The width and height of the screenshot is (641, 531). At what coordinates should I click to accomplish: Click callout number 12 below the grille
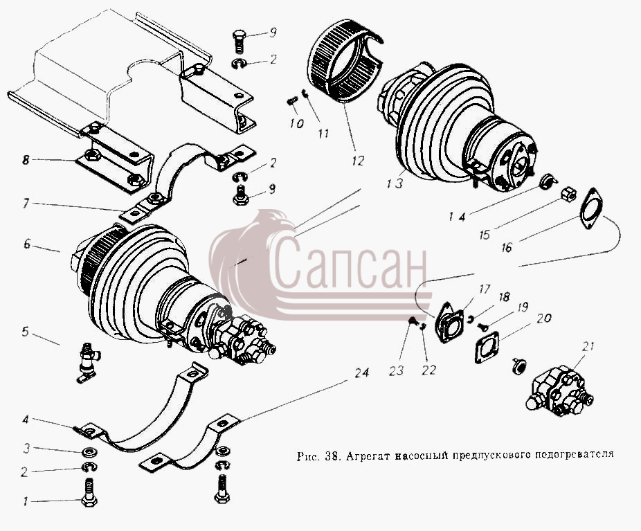pyautogui.click(x=357, y=161)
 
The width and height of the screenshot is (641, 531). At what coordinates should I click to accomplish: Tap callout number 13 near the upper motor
pyautogui.click(x=395, y=183)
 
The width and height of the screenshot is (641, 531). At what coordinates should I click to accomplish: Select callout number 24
pyautogui.click(x=361, y=372)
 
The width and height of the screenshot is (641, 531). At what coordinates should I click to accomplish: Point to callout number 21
pyautogui.click(x=588, y=347)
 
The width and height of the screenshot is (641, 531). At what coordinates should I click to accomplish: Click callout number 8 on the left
pyautogui.click(x=26, y=159)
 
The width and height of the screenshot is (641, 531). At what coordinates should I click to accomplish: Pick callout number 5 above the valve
pyautogui.click(x=26, y=332)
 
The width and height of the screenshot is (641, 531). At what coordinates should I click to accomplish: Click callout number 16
pyautogui.click(x=507, y=248)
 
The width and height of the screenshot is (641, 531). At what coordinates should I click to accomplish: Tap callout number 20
pyautogui.click(x=544, y=318)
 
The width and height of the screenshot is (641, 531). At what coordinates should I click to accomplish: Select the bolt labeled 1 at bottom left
pyautogui.click(x=89, y=492)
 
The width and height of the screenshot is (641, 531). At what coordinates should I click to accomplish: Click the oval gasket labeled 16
pyautogui.click(x=590, y=208)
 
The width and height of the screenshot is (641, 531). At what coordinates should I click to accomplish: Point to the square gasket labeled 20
pyautogui.click(x=487, y=347)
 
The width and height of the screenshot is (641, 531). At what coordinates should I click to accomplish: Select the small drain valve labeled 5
pyautogui.click(x=87, y=362)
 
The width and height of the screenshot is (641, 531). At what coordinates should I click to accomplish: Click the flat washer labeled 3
pyautogui.click(x=88, y=452)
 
